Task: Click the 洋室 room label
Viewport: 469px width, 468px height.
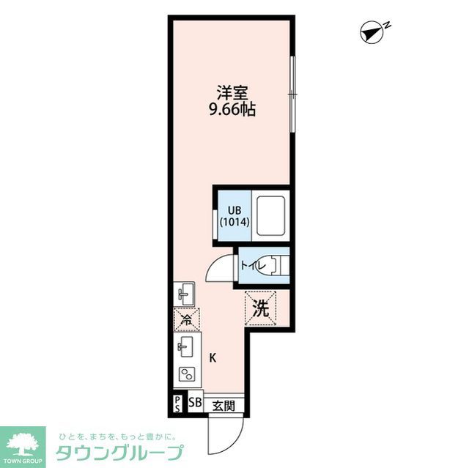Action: (x=234, y=94)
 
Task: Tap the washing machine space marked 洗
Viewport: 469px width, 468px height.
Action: (x=261, y=308)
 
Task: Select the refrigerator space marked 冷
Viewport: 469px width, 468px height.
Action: (x=186, y=319)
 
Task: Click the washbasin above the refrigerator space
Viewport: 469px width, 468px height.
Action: (x=185, y=294)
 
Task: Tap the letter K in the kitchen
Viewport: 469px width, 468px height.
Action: (x=213, y=358)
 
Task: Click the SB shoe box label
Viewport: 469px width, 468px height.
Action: (x=195, y=403)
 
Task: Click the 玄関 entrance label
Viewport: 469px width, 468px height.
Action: (x=224, y=404)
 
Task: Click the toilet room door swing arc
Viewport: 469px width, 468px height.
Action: (x=219, y=270)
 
